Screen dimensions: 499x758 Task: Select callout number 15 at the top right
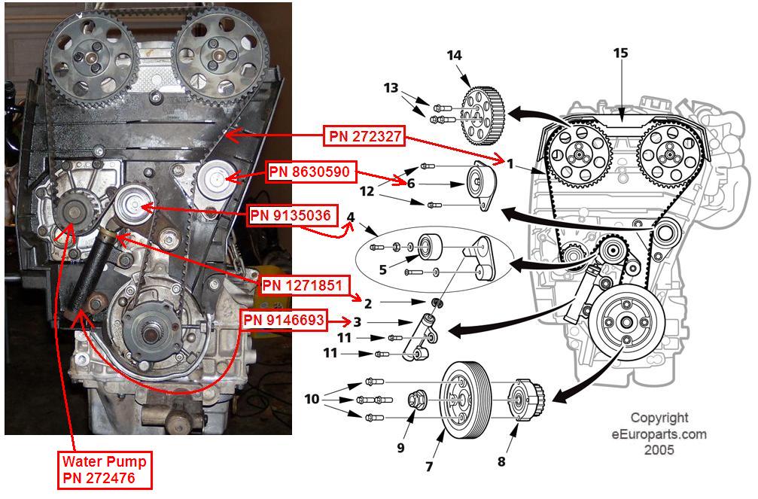tap(620, 54)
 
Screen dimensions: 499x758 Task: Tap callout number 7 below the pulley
tap(429, 467)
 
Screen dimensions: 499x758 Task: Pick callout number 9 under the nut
tap(400, 448)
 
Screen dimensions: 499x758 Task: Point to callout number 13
tap(389, 88)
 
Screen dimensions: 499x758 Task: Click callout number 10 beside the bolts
tap(312, 399)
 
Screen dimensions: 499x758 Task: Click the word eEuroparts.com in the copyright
tap(659, 434)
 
